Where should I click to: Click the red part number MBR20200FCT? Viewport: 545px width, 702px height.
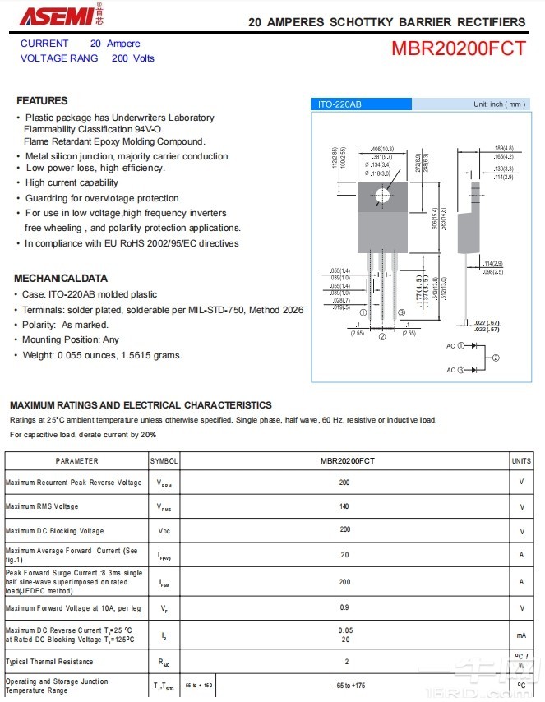458,48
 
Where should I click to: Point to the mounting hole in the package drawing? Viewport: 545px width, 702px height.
382,195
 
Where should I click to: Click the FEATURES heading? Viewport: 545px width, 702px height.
42,101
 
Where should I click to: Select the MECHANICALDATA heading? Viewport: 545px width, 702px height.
61,279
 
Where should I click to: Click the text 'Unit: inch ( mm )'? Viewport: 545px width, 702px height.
499,104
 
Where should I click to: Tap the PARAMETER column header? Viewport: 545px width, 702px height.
76,461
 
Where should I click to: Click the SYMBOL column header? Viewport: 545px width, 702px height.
164,461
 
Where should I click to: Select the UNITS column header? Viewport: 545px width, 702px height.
521,461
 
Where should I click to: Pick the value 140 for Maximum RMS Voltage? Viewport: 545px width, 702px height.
344,506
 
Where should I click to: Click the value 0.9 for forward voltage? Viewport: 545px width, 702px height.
344,607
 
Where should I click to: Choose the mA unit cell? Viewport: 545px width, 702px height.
521,635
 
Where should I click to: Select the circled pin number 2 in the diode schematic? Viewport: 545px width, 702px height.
495,358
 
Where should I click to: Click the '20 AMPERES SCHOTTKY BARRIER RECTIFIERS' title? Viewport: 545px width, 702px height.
386,22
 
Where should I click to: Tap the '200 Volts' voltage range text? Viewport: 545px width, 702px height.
133,58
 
